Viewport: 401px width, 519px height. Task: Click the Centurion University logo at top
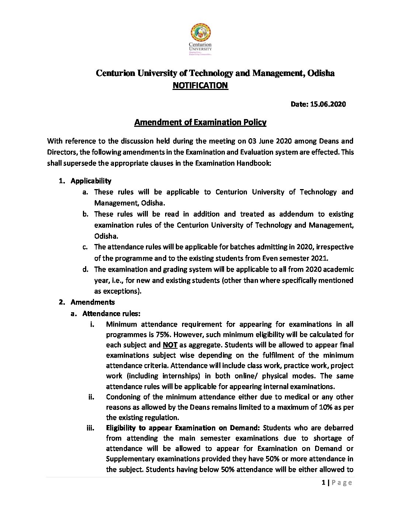(200, 39)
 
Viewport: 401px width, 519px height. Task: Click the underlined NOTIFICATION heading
(200, 86)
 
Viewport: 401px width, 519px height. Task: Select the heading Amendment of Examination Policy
(200, 122)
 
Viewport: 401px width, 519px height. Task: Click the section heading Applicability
(91, 181)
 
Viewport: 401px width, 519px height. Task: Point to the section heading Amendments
(93, 302)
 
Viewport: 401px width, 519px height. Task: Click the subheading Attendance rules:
(111, 314)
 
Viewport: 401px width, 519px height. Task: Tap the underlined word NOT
(170, 345)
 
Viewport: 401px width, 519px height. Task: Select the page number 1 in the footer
(323, 483)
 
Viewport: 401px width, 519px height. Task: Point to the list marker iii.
(90, 428)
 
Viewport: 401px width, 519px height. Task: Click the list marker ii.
(91, 397)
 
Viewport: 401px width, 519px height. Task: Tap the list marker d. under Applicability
(86, 269)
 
